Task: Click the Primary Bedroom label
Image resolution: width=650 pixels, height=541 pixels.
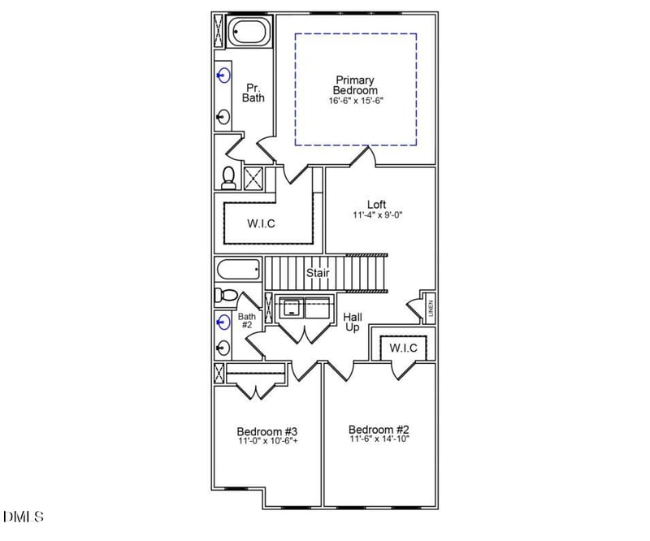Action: pos(355,85)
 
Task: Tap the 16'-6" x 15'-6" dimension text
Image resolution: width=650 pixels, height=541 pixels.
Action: pos(355,102)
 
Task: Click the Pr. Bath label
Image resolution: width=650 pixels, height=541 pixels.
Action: pos(253,92)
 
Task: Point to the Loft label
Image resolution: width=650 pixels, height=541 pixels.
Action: pos(376,205)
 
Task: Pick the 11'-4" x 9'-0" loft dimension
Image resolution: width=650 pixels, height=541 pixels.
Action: pos(378,216)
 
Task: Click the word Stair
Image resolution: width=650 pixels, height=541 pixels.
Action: pos(318,273)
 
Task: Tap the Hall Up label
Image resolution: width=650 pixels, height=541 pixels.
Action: pos(353,322)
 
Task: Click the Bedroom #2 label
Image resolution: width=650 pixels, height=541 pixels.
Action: pos(379,429)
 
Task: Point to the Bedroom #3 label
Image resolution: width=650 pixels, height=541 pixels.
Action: pos(267,431)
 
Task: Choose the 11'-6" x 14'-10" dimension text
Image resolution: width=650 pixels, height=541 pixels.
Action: pos(379,439)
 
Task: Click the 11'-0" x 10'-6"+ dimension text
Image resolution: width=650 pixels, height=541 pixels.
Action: pos(268,442)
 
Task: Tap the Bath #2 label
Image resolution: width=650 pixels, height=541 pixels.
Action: pos(246,321)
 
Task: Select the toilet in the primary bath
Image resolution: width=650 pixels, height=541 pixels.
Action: pos(228,177)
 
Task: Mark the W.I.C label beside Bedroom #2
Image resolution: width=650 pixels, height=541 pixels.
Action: pos(403,348)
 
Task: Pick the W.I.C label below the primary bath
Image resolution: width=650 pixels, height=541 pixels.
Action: pos(261,224)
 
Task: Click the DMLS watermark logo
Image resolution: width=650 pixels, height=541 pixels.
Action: pos(24,516)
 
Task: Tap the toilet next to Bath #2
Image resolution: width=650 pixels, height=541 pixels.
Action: pos(224,295)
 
